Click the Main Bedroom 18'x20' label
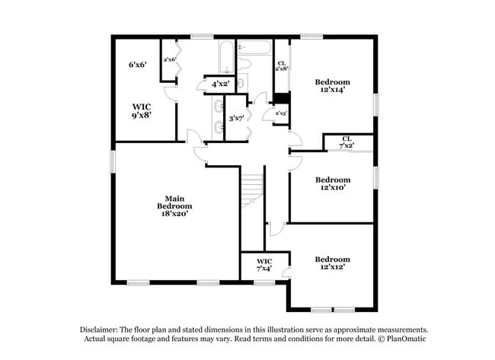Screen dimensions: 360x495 tap(174, 206)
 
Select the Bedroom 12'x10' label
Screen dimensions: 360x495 tap(332, 183)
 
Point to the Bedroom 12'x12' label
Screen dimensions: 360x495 tap(332, 263)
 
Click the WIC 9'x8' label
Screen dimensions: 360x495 tap(142, 111)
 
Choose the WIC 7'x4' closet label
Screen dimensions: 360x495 tap(264, 266)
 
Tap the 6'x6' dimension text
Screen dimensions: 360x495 tap(137, 65)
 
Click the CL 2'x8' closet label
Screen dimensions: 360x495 tap(282, 65)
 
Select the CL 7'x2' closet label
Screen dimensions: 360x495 tap(347, 142)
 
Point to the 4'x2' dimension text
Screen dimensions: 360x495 tap(221, 84)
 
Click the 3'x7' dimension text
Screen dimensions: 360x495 tap(236, 118)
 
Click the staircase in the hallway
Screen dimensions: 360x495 tap(252, 190)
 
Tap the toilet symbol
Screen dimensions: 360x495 tap(244, 64)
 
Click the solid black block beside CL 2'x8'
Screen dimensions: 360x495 tap(281, 97)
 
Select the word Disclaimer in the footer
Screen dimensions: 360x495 tap(101, 330)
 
